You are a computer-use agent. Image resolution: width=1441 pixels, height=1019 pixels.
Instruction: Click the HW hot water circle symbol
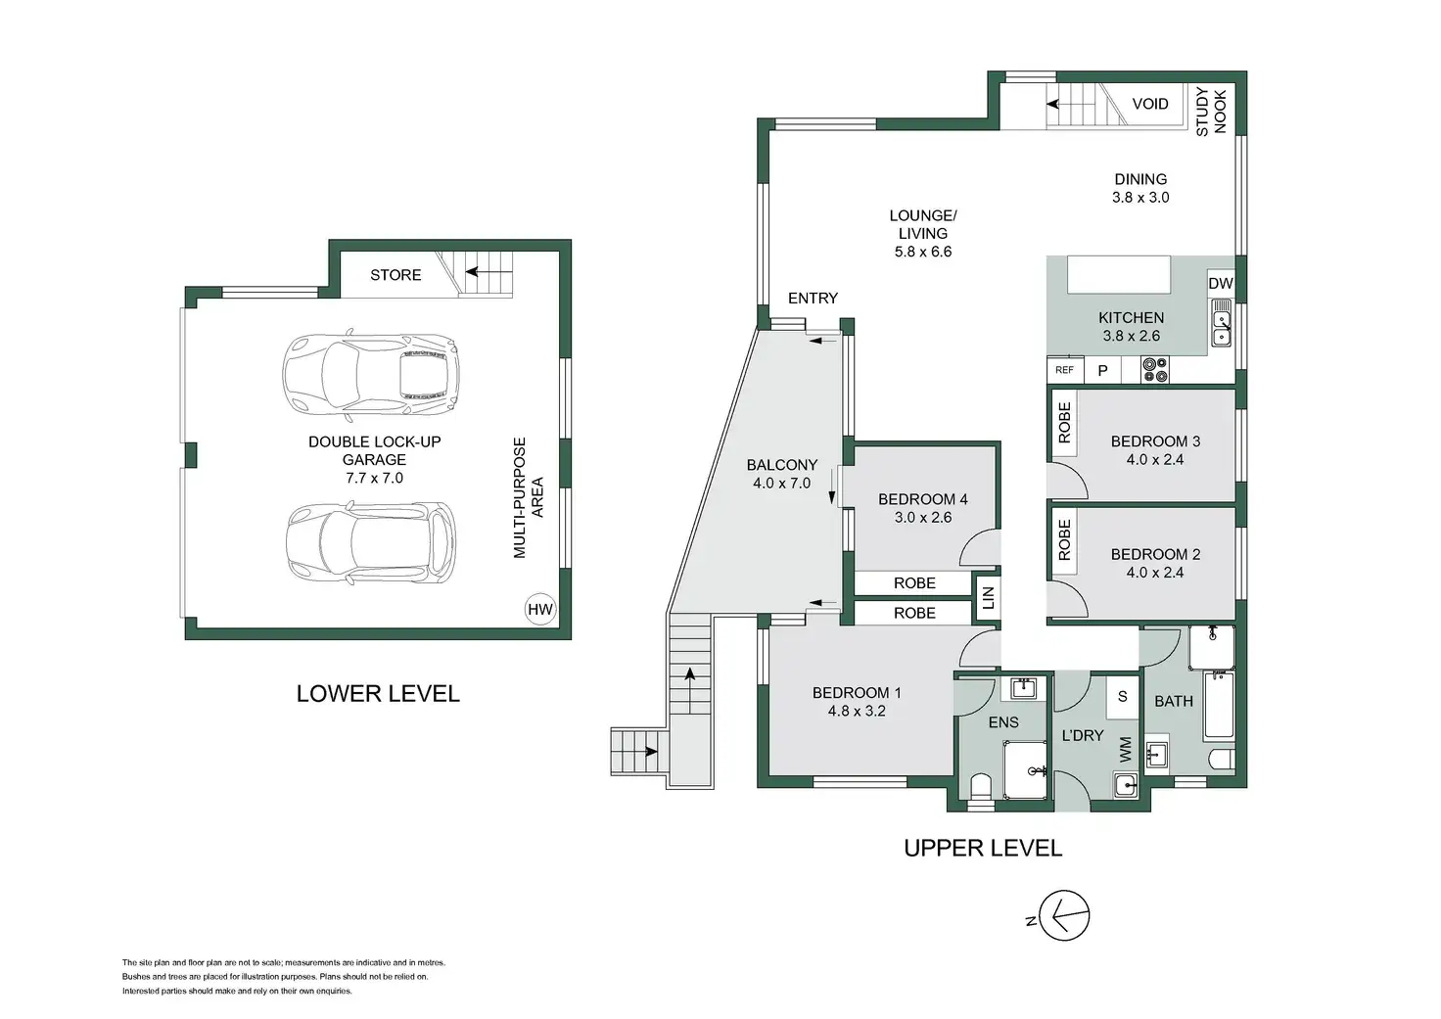point(539,609)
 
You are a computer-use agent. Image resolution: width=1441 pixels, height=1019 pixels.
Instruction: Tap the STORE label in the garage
point(395,275)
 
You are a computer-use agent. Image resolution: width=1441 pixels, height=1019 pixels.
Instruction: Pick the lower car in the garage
point(371,543)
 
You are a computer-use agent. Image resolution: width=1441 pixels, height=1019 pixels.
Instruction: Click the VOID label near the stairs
point(1150,104)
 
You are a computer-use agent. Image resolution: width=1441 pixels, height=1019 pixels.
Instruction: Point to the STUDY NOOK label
point(1211,113)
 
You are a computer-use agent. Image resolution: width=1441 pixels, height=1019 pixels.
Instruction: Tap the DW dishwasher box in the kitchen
point(1221,283)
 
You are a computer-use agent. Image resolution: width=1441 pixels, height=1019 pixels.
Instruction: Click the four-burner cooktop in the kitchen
point(1155,370)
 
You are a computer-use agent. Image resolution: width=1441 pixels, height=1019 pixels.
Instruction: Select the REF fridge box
point(1065,370)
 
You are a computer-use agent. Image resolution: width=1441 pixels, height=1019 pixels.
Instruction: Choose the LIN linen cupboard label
point(989,598)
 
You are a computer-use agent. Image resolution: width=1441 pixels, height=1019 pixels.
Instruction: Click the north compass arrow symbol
point(1064,915)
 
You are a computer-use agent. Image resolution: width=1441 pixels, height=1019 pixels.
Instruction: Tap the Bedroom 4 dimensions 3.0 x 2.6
point(922,517)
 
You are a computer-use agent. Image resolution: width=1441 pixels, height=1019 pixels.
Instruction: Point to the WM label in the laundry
point(1125,750)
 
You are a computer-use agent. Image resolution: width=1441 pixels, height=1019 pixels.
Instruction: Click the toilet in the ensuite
point(980,787)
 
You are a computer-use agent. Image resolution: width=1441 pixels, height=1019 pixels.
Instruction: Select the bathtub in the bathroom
point(1219,706)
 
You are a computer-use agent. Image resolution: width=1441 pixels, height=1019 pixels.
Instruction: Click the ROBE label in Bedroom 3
point(1065,423)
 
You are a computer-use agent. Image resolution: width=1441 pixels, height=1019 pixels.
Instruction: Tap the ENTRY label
point(813,298)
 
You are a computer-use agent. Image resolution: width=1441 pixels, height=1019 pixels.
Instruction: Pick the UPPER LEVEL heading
point(983,848)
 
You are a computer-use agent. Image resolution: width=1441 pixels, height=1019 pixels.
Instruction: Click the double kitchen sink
point(1221,323)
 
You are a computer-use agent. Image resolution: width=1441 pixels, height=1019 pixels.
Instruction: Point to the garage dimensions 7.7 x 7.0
point(374,478)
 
